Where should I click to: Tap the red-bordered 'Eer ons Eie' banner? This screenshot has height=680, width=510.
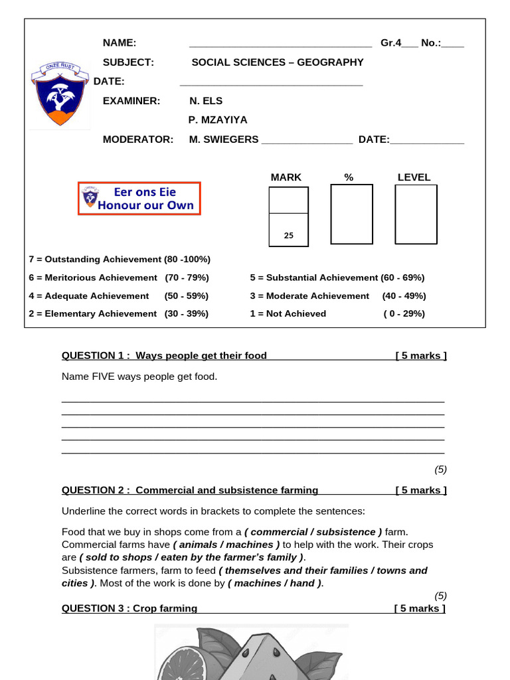click(139, 198)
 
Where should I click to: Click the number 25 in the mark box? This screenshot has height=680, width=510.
click(288, 235)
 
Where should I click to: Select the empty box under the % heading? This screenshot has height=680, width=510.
click(351, 214)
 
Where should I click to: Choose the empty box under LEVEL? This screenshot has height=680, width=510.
click(416, 214)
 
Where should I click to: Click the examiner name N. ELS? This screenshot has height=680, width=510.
click(206, 101)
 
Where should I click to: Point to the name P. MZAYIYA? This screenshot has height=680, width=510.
click(218, 120)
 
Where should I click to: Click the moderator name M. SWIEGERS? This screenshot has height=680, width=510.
click(224, 139)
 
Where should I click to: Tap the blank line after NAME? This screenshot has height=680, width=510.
click(280, 44)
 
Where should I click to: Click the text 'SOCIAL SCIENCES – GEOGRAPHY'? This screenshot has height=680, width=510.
click(278, 62)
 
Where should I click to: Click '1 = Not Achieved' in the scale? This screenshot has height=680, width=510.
click(288, 313)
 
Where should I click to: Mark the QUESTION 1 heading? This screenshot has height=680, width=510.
click(164, 356)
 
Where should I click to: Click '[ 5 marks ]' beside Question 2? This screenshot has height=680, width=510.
click(420, 491)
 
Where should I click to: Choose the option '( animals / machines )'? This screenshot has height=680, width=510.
click(226, 545)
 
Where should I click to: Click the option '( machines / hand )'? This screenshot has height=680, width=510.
click(275, 583)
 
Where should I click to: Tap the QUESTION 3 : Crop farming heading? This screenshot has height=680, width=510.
click(129, 608)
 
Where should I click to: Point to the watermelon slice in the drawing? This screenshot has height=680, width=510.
click(252, 657)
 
